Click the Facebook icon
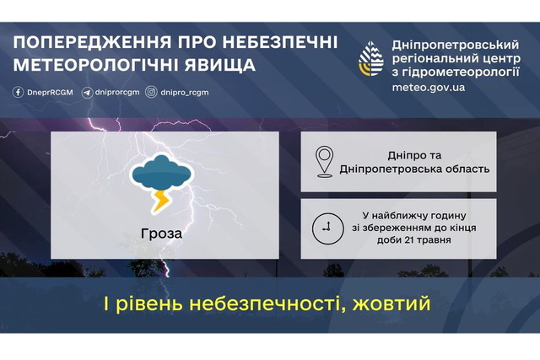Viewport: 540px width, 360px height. point(18,92)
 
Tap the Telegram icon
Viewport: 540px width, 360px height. point(87,93)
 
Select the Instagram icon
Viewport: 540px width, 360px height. point(151,92)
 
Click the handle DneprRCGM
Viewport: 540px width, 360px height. point(51,93)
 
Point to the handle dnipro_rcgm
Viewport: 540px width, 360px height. point(185,93)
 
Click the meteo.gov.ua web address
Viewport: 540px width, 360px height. point(429,88)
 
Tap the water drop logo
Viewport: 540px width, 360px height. point(371,58)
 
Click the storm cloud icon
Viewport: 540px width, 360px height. point(161,173)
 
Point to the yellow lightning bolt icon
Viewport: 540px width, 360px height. point(160,201)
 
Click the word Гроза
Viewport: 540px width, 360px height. point(161,234)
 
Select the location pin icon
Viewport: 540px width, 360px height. point(324,162)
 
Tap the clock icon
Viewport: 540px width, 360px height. point(327,228)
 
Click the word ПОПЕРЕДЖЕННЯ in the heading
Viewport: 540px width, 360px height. point(92,42)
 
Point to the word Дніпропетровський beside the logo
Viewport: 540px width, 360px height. point(456,45)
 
